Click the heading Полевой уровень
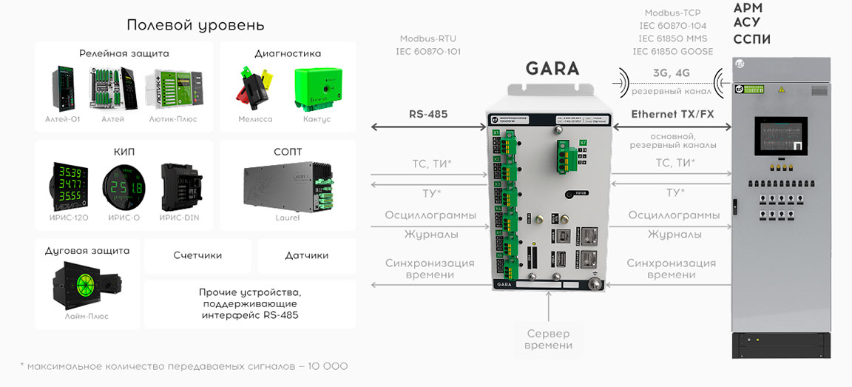click(195, 25)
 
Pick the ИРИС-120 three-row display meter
click(67, 185)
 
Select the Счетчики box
click(197, 255)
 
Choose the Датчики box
click(306, 255)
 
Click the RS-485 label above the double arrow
click(428, 115)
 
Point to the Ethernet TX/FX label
click(672, 115)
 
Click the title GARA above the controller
click(552, 69)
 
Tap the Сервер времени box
click(548, 340)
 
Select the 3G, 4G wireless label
click(671, 73)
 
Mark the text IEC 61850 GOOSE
click(673, 52)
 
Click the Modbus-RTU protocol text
click(427, 38)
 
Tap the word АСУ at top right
click(746, 23)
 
